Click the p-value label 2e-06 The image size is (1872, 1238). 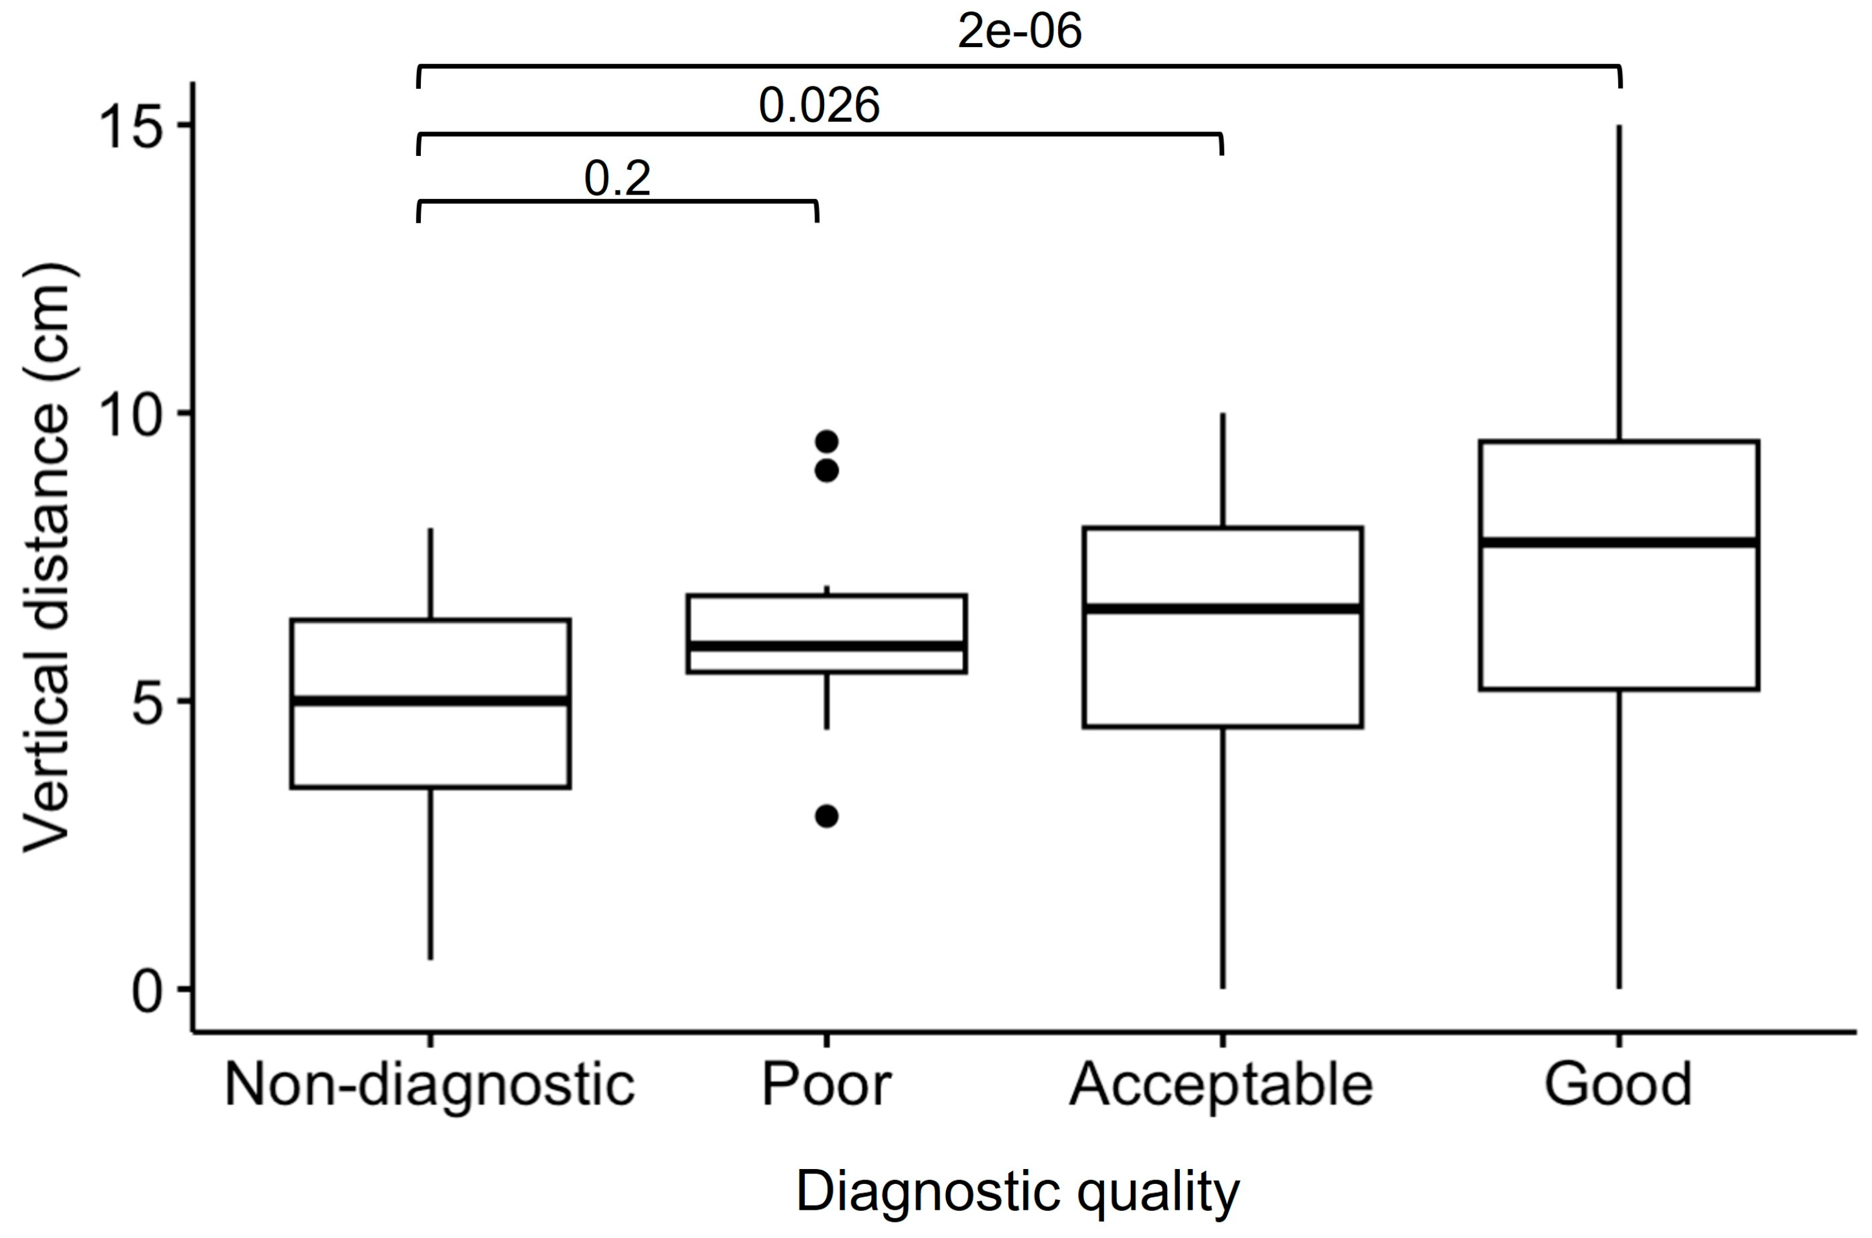[x=1019, y=33]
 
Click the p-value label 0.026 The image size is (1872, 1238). [x=819, y=106]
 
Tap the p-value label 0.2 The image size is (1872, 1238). [x=617, y=179]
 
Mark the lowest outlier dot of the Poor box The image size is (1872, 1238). [x=826, y=816]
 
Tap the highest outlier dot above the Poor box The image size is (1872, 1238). [x=826, y=441]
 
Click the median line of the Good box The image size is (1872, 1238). [x=1619, y=542]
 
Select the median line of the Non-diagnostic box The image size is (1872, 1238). [x=430, y=701]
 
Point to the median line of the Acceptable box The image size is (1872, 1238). [x=1222, y=608]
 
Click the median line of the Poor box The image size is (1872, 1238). [x=826, y=647]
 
